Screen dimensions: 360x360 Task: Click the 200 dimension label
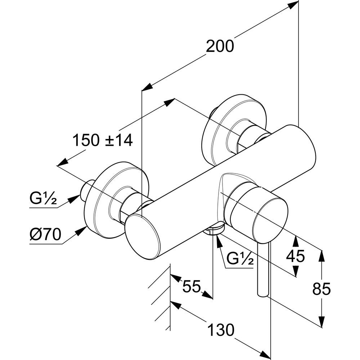tap(220, 46)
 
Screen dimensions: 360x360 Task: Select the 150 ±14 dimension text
tap(103, 140)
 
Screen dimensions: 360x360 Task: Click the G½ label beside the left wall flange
tap(43, 199)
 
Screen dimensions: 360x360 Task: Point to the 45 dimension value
tap(295, 256)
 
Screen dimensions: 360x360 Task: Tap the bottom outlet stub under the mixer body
tap(215, 230)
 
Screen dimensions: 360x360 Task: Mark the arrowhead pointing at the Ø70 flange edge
tap(82, 231)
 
